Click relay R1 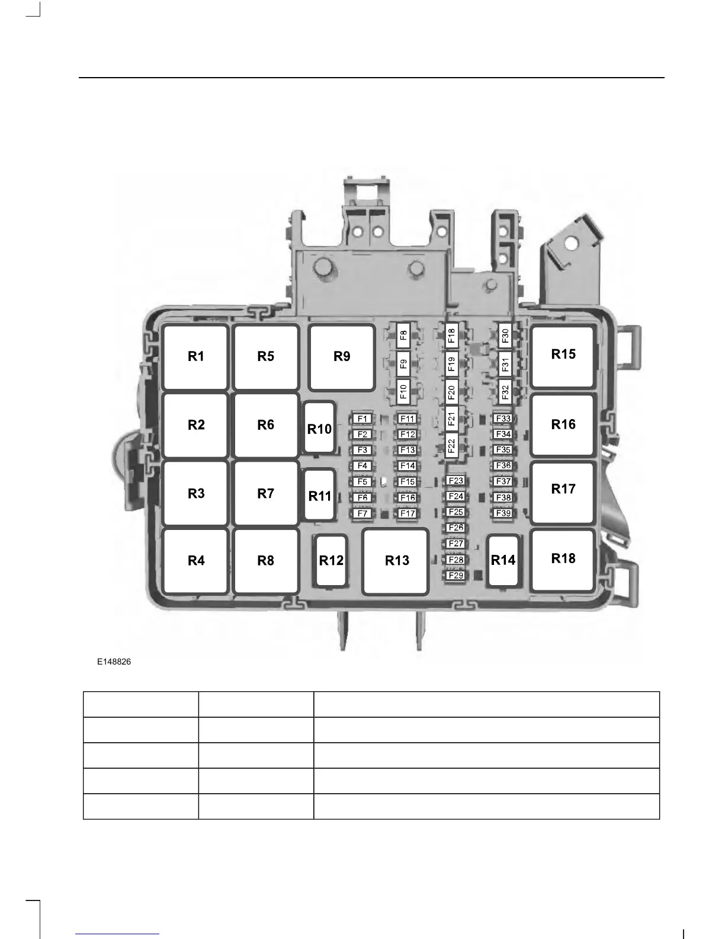195,356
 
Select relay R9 342,356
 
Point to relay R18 563,558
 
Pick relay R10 319,429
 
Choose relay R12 331,561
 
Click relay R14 503,560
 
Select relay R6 265,424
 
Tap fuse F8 403,336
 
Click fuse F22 451,445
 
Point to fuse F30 505,336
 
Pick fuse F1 362,419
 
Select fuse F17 408,513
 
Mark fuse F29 455,575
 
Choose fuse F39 503,513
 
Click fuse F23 455,481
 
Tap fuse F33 503,419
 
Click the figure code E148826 114,662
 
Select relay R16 563,424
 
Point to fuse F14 408,466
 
